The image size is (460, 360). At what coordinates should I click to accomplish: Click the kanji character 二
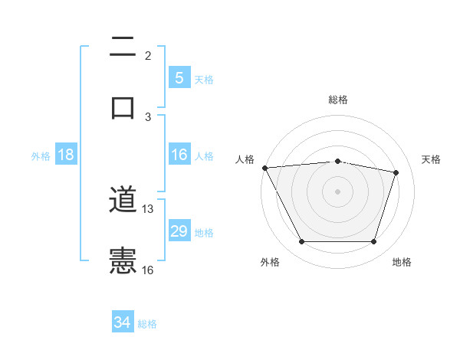[123, 48]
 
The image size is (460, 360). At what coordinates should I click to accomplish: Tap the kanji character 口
[123, 107]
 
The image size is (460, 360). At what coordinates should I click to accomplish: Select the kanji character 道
[123, 201]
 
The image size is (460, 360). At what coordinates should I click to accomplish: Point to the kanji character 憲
[123, 261]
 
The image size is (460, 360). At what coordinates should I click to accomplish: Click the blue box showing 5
[179, 77]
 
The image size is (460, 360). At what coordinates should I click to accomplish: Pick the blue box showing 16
[179, 155]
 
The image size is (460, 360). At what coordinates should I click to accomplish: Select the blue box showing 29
[179, 231]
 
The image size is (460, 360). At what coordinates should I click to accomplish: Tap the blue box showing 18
[66, 155]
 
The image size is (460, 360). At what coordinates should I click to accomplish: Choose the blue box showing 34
[123, 322]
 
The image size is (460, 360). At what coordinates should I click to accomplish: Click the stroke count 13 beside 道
[148, 208]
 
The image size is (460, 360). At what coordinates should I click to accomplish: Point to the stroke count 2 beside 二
[148, 55]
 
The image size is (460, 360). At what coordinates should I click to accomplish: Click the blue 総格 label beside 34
[147, 324]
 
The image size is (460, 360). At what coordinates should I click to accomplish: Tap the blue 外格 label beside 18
[41, 156]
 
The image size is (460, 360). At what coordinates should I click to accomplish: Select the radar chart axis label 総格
[338, 100]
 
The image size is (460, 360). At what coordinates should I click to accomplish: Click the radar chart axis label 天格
[432, 159]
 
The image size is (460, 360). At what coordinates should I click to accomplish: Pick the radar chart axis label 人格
[245, 159]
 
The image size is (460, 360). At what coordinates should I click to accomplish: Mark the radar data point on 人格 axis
[264, 168]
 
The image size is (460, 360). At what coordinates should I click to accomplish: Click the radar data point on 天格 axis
[396, 172]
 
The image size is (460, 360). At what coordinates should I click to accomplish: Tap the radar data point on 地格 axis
[373, 242]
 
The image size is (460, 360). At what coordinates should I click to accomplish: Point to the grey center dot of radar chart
[338, 191]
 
